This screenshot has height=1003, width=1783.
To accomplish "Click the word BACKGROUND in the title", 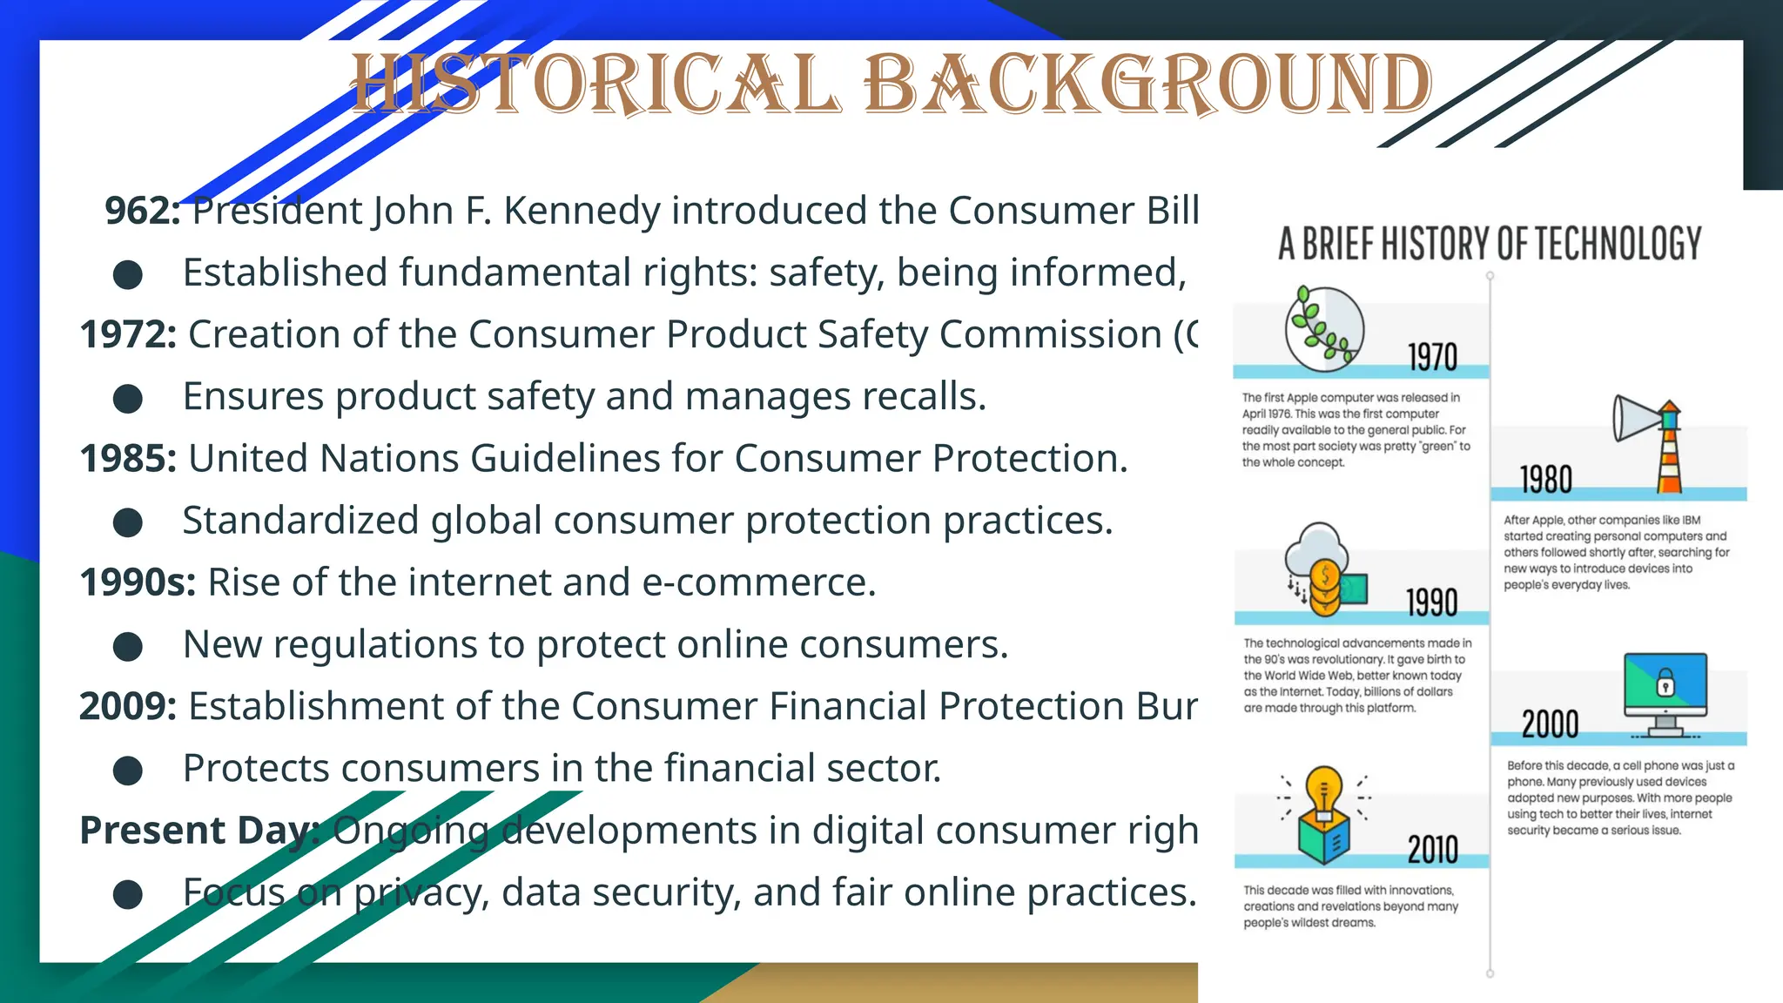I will tap(1147, 84).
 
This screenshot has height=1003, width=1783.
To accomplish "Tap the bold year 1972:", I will tap(128, 335).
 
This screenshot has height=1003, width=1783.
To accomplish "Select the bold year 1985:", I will tap(128, 459).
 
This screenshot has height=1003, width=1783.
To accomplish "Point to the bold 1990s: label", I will tap(138, 582).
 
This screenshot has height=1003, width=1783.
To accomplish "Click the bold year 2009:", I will tap(128, 706).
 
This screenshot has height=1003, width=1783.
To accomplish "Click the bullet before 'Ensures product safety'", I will tap(128, 399).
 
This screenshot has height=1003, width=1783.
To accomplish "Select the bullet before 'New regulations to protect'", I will tap(128, 647).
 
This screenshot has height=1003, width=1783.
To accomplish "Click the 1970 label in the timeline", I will tap(1432, 357).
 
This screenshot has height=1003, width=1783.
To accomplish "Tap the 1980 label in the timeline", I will tap(1546, 480).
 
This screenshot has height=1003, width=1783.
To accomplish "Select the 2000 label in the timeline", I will tap(1550, 724).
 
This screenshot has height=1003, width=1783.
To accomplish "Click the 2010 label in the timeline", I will tap(1432, 849).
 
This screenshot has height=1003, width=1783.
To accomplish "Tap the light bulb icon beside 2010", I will tap(1324, 814).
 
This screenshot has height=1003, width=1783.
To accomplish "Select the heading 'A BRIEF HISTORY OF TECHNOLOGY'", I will tap(1490, 244).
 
